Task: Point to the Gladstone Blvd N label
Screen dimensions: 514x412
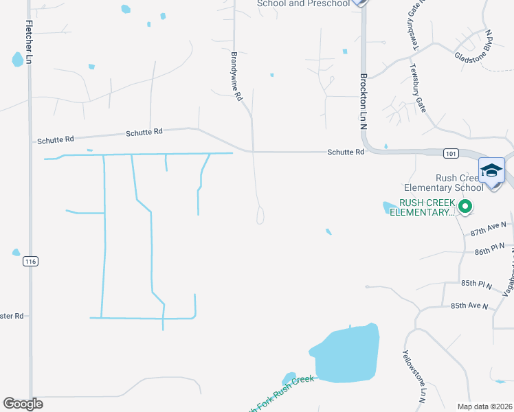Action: pos(474,46)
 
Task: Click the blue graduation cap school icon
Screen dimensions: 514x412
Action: pos(491,170)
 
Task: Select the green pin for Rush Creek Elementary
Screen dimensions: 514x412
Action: pos(465,205)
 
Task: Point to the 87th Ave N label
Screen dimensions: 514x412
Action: pos(488,229)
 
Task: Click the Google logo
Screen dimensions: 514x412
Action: pos(23,404)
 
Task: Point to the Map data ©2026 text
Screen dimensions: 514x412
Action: pos(484,407)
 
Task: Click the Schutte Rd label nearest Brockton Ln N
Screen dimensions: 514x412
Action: pos(345,152)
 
